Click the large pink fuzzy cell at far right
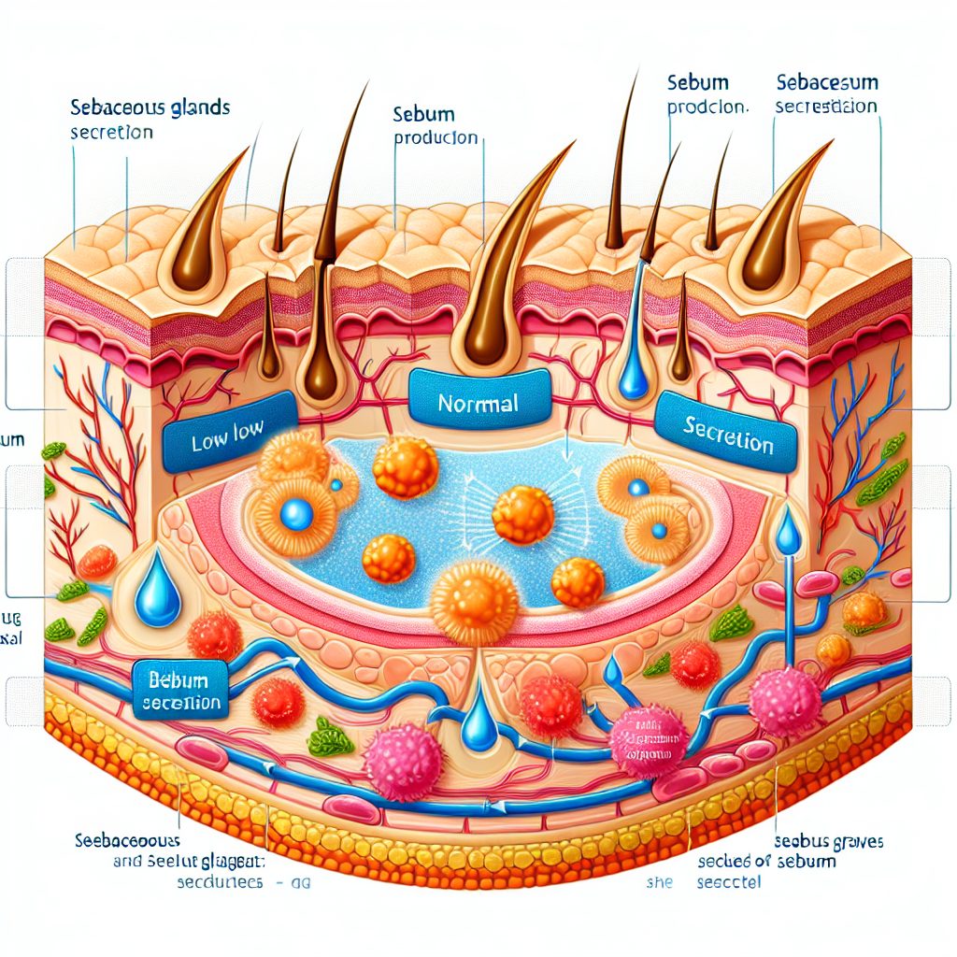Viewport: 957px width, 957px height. point(784,701)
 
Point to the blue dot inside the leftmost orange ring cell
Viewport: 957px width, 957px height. point(297,512)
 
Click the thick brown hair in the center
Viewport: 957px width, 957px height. point(495,280)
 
